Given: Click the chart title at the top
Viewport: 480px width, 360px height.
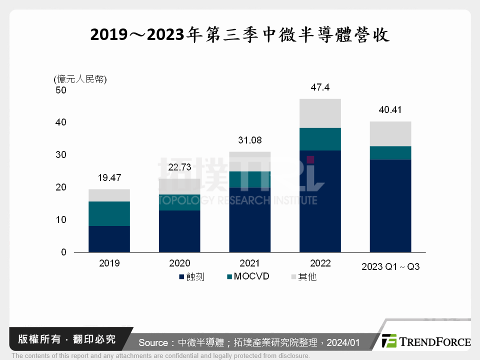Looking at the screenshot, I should [240, 35].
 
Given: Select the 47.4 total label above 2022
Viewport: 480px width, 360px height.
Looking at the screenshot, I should [320, 87].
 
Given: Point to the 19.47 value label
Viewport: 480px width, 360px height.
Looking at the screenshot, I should [109, 177].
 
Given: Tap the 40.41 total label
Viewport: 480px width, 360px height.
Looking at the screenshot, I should [390, 110].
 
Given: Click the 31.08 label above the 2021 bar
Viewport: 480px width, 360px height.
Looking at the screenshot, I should [249, 140].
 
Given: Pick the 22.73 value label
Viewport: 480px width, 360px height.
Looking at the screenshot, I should [179, 167].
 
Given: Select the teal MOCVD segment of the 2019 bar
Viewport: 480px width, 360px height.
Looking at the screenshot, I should [109, 213].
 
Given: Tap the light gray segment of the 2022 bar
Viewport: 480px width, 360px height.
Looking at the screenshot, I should [320, 113].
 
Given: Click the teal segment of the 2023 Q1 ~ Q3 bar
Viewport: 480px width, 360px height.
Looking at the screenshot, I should [390, 152].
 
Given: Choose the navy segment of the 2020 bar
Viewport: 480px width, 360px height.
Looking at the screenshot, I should [179, 230].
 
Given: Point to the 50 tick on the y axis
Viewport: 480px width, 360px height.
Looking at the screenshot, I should [61, 90].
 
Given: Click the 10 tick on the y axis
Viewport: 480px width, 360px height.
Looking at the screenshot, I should [61, 220].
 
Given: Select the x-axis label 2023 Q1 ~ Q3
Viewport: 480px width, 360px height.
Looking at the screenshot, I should [390, 267].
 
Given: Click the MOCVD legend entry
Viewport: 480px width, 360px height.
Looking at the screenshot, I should [248, 276].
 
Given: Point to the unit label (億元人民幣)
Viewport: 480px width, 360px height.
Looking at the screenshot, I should [80, 79].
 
